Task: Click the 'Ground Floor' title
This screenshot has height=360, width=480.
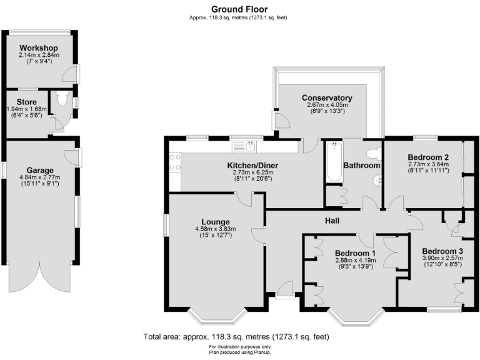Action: pos(240,9)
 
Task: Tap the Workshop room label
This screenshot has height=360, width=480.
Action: pos(38,48)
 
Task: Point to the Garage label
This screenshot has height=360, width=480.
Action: pos(39,170)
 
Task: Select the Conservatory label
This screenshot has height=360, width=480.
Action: pos(326,98)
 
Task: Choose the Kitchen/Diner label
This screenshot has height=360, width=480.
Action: pos(252,166)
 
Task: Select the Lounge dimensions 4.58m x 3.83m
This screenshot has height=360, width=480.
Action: pos(215,229)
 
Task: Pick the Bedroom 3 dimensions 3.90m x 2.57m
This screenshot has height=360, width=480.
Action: pos(441,257)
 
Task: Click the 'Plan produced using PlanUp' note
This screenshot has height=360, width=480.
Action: pos(240,351)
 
